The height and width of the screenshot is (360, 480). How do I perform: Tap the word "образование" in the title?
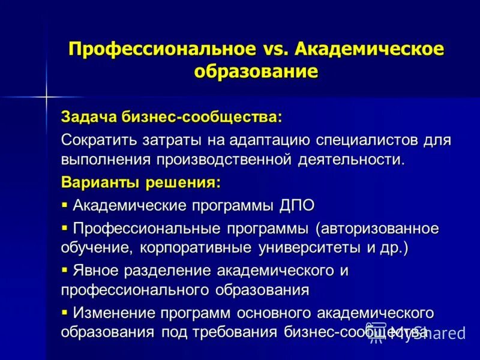point(256,70)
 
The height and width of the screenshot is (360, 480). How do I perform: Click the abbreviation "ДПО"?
point(296,205)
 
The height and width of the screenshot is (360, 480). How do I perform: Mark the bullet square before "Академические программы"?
point(65,205)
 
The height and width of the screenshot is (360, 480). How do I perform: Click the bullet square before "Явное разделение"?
point(65,269)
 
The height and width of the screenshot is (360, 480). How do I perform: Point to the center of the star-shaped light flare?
point(45,95)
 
